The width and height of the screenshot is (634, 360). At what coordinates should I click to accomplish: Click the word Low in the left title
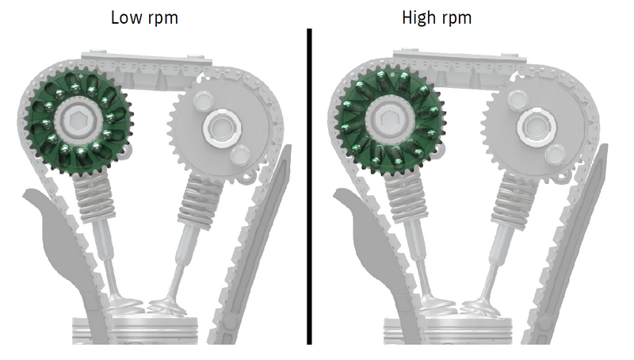(x=125, y=17)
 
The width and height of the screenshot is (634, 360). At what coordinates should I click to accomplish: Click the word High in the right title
(x=419, y=18)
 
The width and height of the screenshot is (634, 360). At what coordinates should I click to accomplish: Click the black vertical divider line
(x=309, y=186)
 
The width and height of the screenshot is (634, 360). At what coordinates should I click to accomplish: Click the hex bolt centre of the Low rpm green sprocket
(x=77, y=119)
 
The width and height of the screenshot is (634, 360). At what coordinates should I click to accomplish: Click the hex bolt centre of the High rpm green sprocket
(x=388, y=119)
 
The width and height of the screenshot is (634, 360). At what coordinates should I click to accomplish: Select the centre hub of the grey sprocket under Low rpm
(x=222, y=128)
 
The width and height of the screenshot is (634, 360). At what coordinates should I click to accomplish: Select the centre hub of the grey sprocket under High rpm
(x=535, y=127)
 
